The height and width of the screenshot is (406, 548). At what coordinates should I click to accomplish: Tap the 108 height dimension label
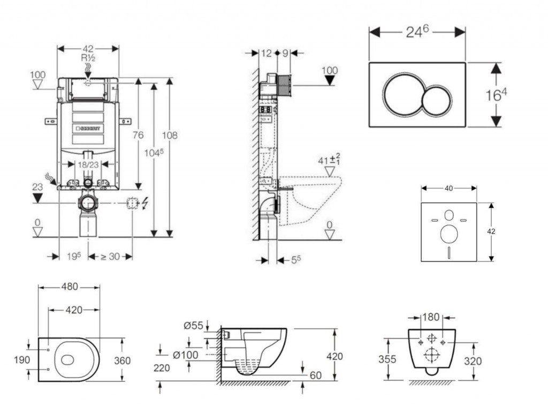point(170,135)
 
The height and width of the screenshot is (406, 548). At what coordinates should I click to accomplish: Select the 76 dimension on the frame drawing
point(138,135)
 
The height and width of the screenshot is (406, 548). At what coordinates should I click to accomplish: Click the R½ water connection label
point(88,58)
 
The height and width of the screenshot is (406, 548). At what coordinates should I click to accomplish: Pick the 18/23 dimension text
point(87,165)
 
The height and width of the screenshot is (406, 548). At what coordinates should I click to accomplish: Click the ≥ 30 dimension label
point(110,257)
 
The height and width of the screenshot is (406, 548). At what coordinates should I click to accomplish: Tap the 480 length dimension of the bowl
point(68,287)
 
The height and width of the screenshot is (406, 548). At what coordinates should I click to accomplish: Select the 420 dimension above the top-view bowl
point(74,310)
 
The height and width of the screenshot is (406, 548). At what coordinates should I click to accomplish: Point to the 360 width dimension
point(123,360)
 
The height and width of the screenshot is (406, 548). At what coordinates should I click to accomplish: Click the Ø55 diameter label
point(193,326)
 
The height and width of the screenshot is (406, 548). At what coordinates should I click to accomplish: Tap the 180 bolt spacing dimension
point(431,317)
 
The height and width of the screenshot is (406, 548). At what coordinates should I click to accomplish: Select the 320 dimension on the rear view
point(473,361)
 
